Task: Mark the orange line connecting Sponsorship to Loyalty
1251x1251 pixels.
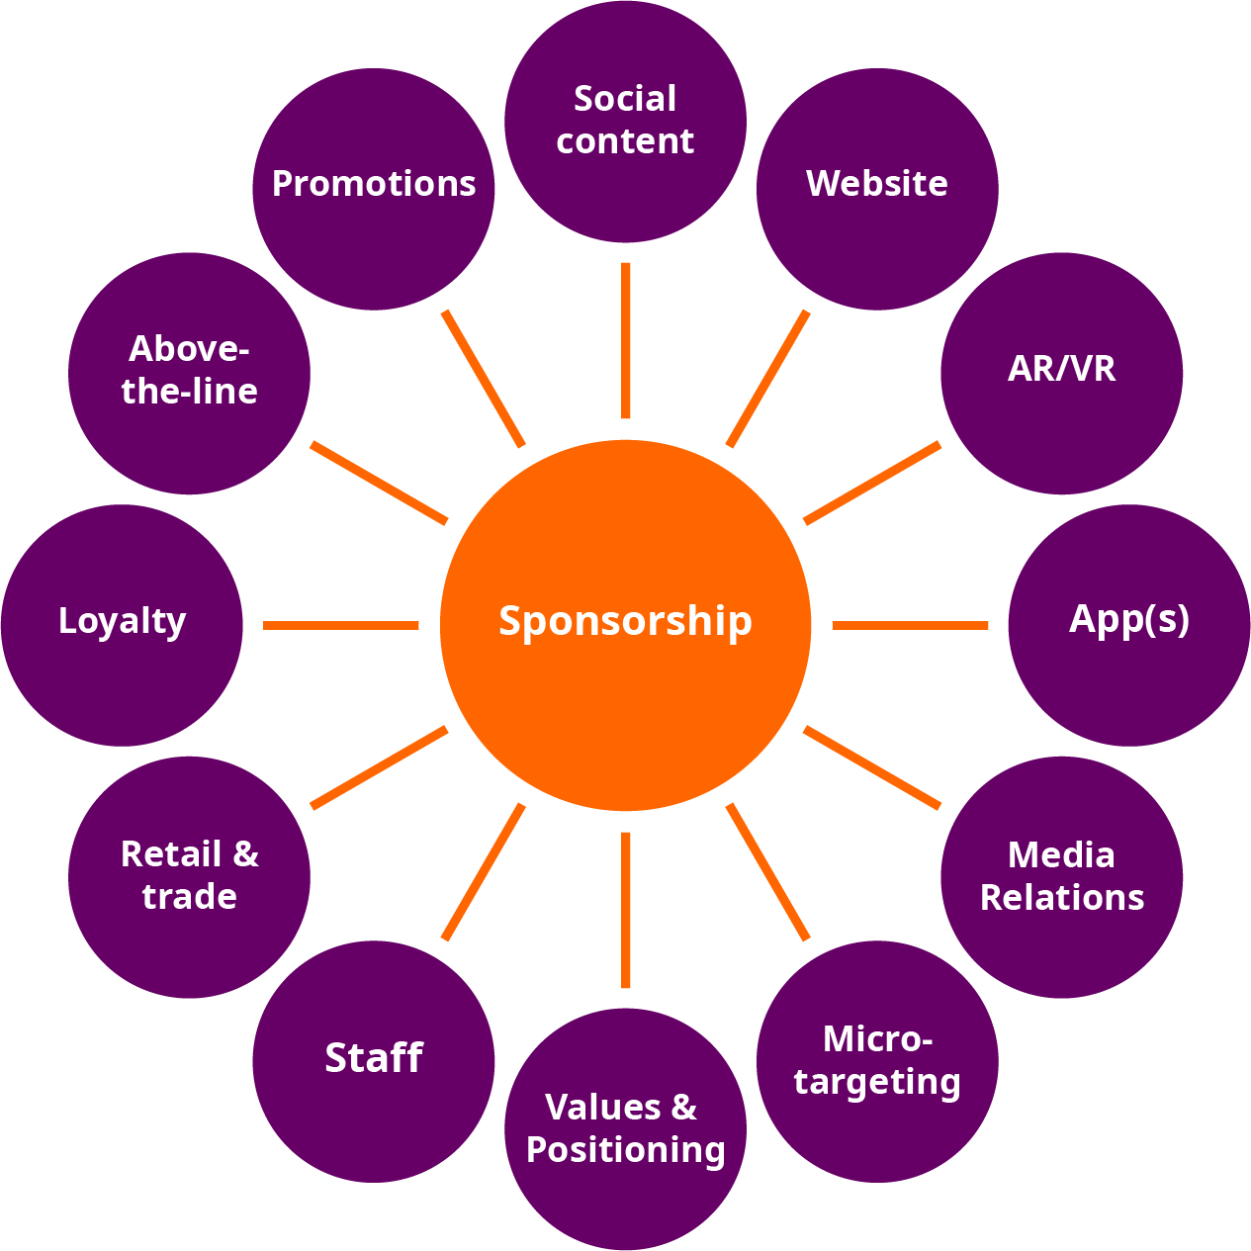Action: coord(341,625)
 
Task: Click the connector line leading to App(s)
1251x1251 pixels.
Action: coord(910,625)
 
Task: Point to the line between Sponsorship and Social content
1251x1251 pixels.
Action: coord(625,341)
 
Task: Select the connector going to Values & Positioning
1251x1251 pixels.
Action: coord(625,910)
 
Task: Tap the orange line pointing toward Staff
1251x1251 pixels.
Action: coord(483,872)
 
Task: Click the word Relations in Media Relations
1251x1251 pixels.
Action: coord(1061,898)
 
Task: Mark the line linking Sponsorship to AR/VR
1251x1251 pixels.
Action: coord(872,483)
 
